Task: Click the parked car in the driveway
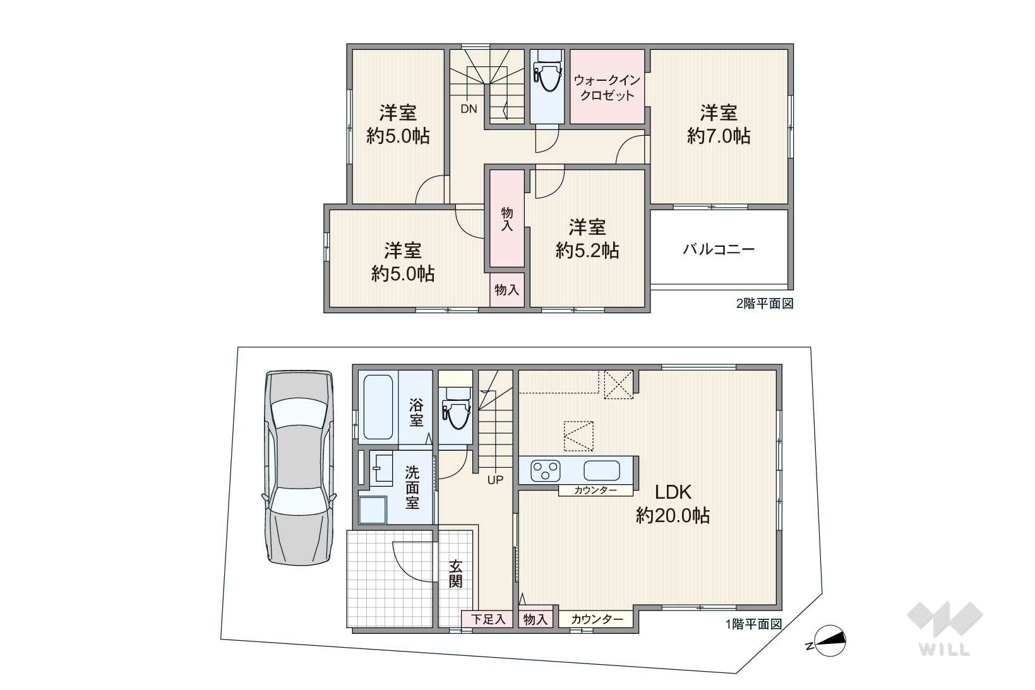299,468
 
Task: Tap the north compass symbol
829,641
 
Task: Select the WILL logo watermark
944,628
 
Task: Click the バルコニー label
719,249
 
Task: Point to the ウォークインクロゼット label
607,88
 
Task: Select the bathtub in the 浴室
378,407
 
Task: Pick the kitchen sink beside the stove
602,470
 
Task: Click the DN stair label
469,109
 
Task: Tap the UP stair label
495,480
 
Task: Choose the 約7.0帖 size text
719,136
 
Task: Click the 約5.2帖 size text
587,251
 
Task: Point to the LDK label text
673,492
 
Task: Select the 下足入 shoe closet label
488,619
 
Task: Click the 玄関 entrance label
455,574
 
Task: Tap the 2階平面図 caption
765,304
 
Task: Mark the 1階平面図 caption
753,624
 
